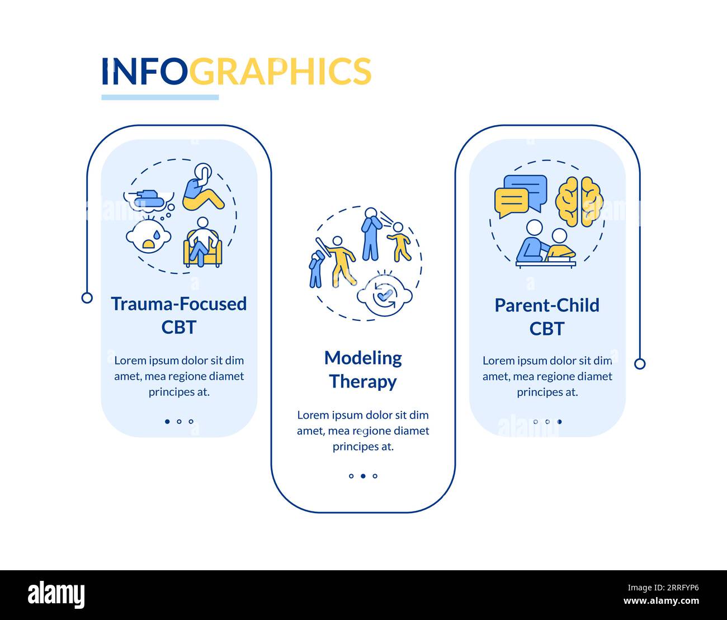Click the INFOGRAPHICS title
(x=236, y=72)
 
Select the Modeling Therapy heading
(x=363, y=370)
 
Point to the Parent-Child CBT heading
(x=546, y=316)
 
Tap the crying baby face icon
(x=148, y=237)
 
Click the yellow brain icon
(x=579, y=201)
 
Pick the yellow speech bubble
(x=511, y=203)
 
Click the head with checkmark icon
(x=384, y=295)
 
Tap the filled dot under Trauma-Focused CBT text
(x=167, y=422)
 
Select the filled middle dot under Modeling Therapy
(x=363, y=476)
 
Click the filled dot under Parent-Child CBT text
(x=559, y=422)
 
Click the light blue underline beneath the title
(x=160, y=97)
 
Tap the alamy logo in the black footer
(x=56, y=595)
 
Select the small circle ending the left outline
(x=87, y=297)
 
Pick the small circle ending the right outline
(x=640, y=364)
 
